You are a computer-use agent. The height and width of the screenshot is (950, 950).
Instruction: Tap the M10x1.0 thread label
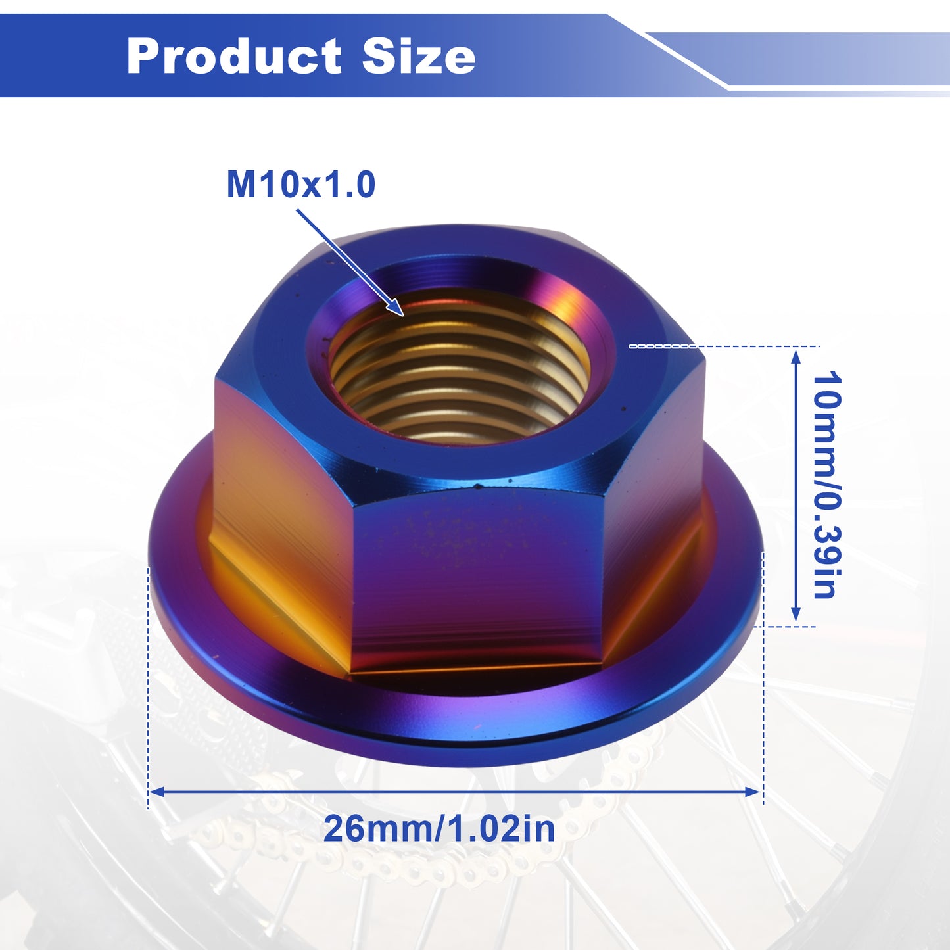point(300,185)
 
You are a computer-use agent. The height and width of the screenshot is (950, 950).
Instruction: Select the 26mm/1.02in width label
point(439,830)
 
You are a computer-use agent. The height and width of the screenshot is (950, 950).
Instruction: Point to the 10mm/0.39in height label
point(825,485)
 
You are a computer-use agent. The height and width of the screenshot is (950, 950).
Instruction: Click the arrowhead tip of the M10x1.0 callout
point(403,315)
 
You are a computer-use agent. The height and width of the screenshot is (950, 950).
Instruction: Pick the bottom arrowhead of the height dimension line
point(796,621)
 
